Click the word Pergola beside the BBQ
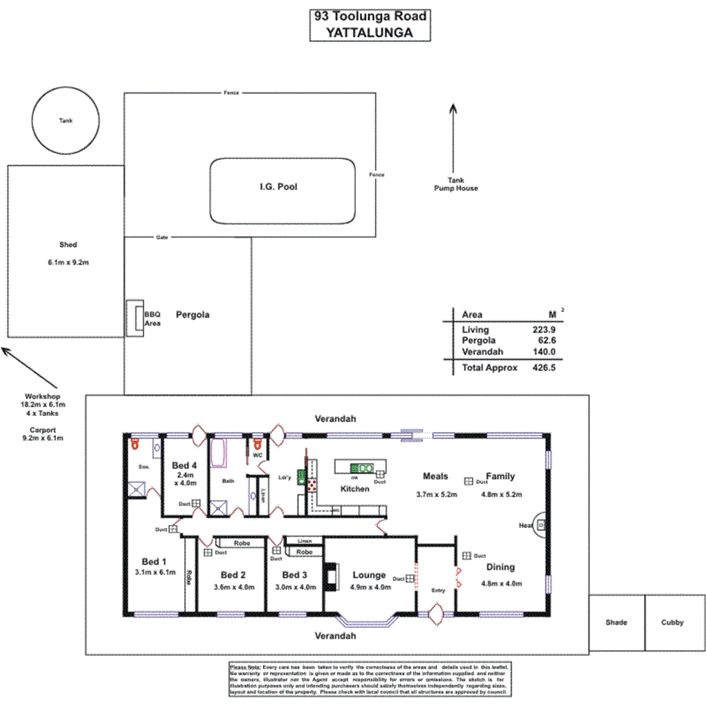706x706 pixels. coord(192,314)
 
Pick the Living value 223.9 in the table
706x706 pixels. coord(544,330)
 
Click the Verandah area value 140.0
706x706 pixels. coord(544,351)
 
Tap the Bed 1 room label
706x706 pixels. coord(151,561)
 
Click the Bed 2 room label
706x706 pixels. coord(233,574)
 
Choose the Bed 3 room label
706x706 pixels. coord(295,574)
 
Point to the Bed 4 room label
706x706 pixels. coord(185,465)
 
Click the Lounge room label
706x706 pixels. coord(369,575)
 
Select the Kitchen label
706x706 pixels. coord(355,489)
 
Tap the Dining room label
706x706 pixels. coord(500,567)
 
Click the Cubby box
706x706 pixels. coord(672,622)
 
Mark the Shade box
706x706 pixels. coord(616,622)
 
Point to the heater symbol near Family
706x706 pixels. coord(541,525)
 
